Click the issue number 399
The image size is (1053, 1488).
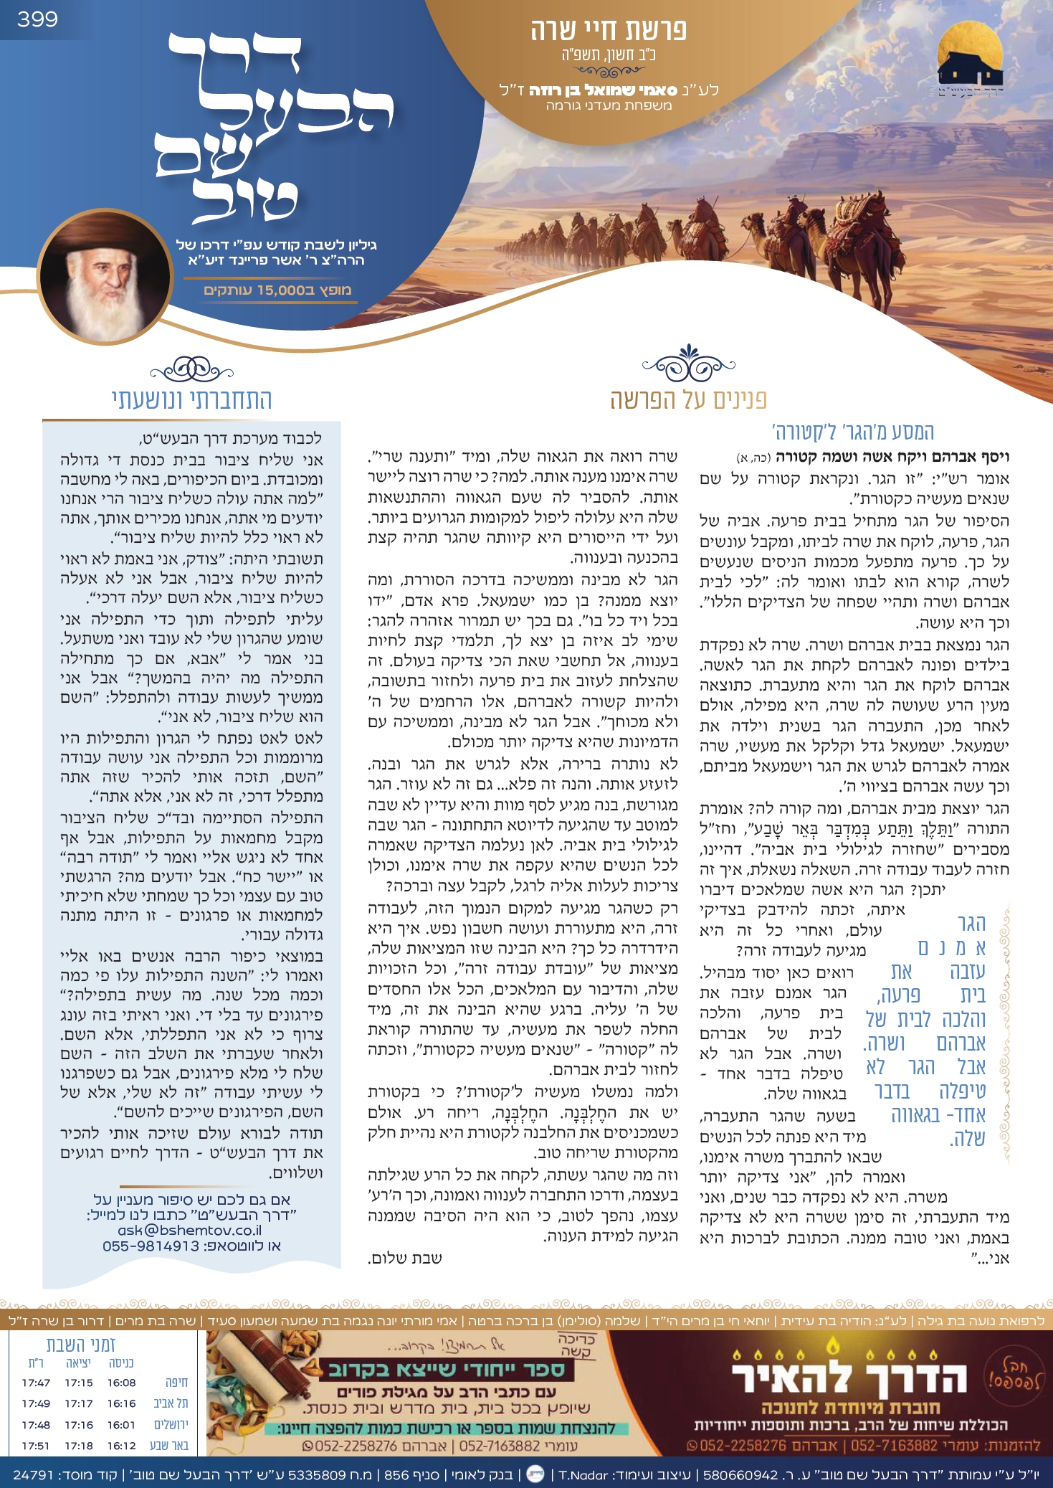pyautogui.click(x=37, y=19)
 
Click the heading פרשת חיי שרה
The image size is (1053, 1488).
pyautogui.click(x=608, y=31)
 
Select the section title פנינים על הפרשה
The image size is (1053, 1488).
pyautogui.click(x=688, y=399)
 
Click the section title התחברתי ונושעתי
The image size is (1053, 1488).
pyautogui.click(x=191, y=399)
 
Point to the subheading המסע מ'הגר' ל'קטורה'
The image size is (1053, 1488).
pyautogui.click(x=852, y=432)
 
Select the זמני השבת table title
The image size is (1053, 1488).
pyautogui.click(x=81, y=1345)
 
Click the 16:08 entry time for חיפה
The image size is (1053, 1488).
pyautogui.click(x=121, y=1383)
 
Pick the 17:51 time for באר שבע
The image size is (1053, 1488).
pyautogui.click(x=36, y=1446)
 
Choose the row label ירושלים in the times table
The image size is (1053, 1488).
pyautogui.click(x=171, y=1425)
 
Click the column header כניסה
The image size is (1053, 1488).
pyautogui.click(x=121, y=1363)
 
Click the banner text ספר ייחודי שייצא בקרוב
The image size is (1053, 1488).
pyautogui.click(x=446, y=1370)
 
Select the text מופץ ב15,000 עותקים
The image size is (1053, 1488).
pyautogui.click(x=277, y=290)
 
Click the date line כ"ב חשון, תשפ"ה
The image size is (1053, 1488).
pyautogui.click(x=609, y=55)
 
